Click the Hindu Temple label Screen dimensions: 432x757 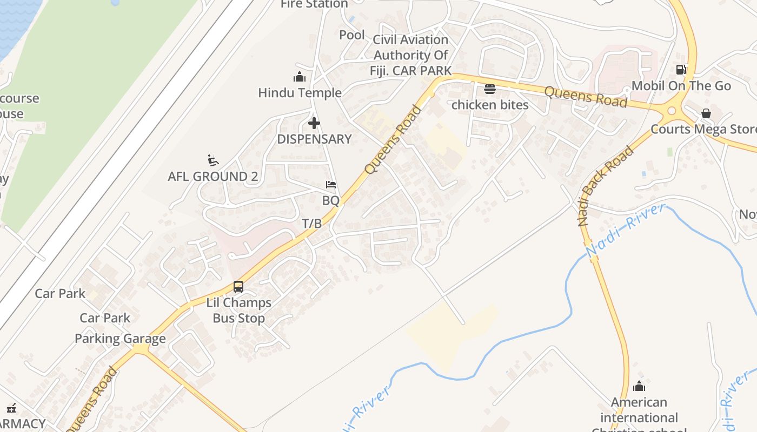pos(300,93)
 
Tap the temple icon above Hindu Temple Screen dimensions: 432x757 pos(299,77)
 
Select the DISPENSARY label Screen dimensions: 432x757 pos(314,139)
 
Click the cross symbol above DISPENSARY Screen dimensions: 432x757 pos(314,123)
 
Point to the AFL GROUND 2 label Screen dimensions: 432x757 pos(213,177)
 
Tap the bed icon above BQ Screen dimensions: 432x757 pos(331,185)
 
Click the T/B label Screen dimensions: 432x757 pos(312,224)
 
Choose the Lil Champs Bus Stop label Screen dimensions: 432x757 pos(238,310)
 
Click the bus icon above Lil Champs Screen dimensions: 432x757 pos(238,287)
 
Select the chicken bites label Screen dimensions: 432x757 pos(490,105)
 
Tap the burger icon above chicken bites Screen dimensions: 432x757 pos(490,89)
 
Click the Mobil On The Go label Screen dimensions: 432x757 pos(681,86)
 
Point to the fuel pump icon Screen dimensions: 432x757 pos(681,70)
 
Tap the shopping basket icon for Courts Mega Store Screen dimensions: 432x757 pos(706,113)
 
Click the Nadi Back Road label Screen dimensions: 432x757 pos(605,186)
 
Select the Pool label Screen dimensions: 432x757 pos(352,35)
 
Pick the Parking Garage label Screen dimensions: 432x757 pos(120,339)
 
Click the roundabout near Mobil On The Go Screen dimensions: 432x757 pos(672,111)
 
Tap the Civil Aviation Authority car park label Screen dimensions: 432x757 pos(411,55)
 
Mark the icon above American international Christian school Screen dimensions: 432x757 pos(639,386)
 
